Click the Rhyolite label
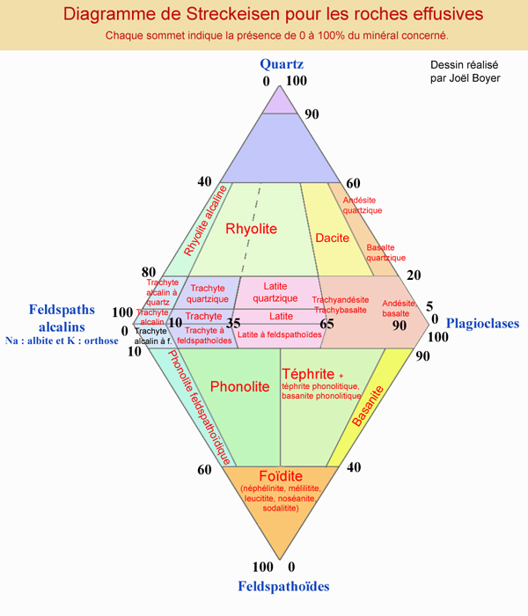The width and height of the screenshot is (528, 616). coord(251,230)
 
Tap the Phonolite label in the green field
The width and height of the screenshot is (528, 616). coord(239,386)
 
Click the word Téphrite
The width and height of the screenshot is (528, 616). coord(309,373)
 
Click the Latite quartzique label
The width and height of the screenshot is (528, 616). coord(275,292)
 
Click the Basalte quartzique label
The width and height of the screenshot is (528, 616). coord(385,253)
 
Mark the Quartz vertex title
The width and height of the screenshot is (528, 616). coord(282,64)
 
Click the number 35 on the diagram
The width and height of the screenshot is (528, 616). coord(233,323)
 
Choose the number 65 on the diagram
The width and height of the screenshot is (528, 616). coord(327,324)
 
